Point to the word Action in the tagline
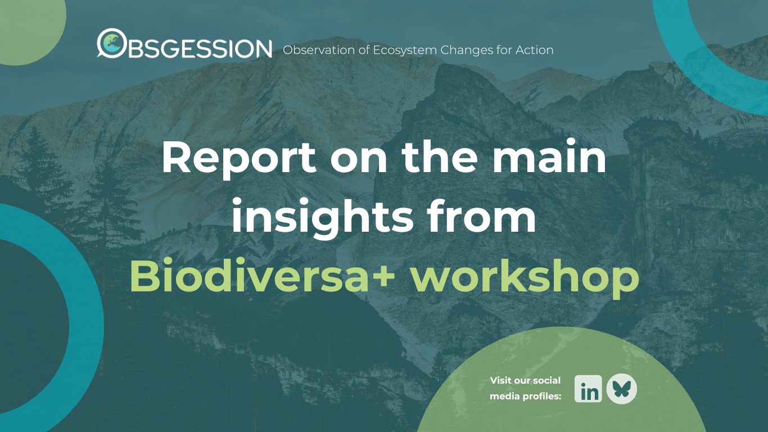(536, 50)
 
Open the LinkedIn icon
(588, 389)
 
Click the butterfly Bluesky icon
(622, 389)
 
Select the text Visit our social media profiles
(525, 388)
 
